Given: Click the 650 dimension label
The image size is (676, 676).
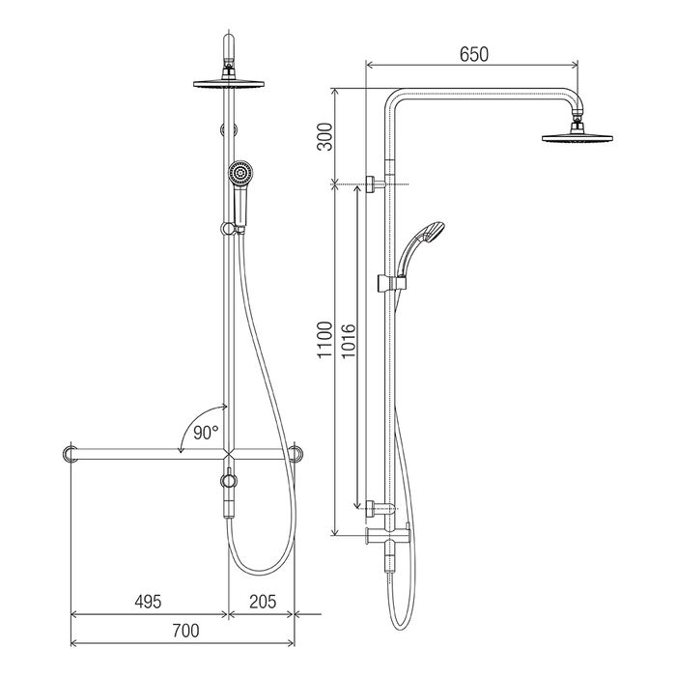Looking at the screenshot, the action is [474, 55].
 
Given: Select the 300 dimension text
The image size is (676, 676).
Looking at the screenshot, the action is [325, 137].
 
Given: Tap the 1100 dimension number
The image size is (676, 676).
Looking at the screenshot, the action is [325, 339].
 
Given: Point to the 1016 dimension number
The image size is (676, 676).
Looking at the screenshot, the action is [348, 341].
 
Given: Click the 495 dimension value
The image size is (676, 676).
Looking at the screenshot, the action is [148, 602].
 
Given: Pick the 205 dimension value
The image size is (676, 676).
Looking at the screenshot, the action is [263, 602].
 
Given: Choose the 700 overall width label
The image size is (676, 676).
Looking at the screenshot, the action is [185, 631].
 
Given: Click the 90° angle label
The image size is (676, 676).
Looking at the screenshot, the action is [206, 433].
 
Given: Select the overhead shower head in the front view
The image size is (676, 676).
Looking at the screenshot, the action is [229, 84].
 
